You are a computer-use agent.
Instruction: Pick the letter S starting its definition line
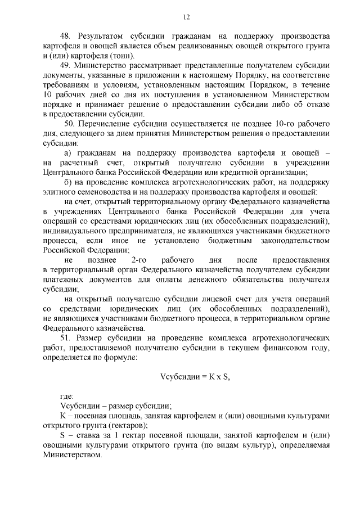point(62,436)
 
